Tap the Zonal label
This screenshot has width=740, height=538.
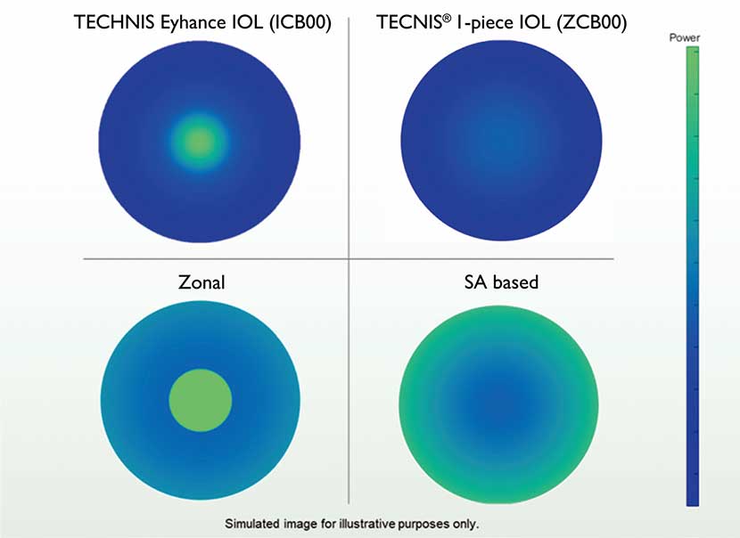pos(201,282)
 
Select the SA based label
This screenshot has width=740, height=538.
pos(502,282)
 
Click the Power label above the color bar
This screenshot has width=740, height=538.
pos(685,38)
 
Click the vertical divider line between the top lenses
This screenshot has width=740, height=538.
pos(347,134)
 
